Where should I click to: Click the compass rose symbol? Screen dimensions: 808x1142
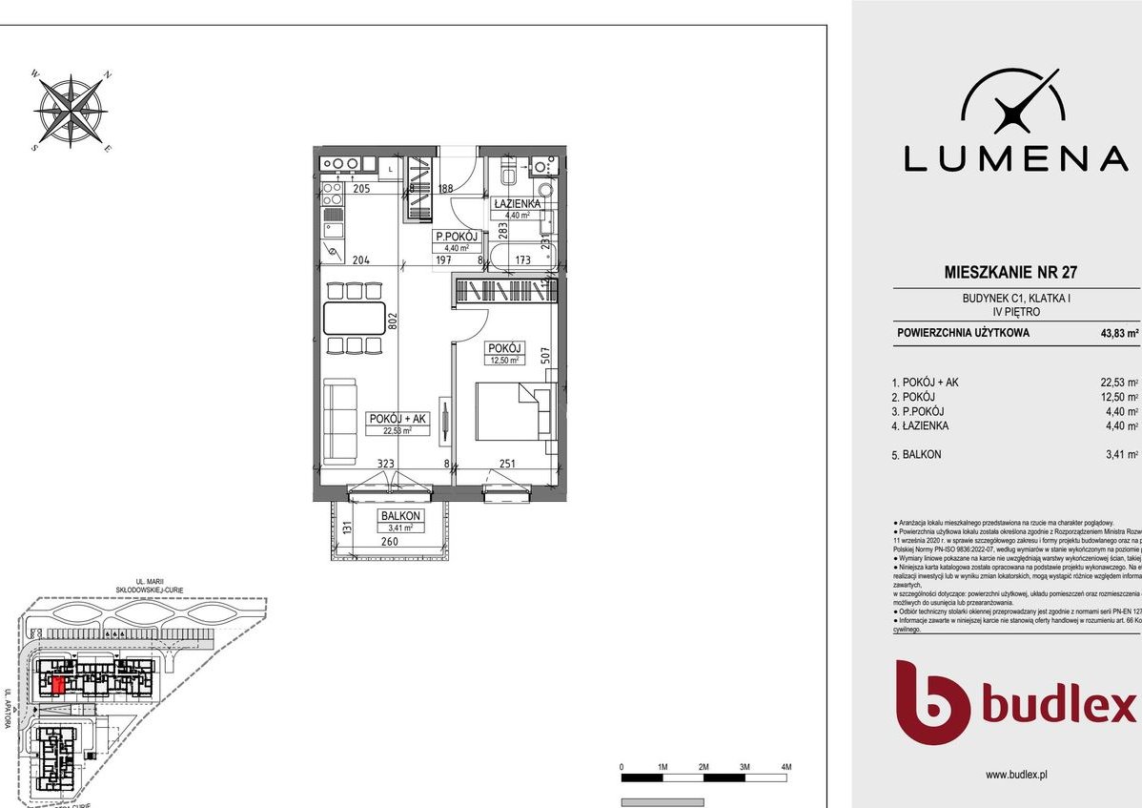point(72,111)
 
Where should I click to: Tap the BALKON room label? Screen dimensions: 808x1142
point(398,516)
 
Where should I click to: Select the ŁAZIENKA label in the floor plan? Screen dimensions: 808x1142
point(516,204)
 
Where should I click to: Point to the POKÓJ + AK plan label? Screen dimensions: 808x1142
point(398,419)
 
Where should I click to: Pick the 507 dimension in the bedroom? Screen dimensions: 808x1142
point(545,357)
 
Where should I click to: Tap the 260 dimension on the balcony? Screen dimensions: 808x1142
point(389,542)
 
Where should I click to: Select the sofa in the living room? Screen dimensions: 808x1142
point(339,418)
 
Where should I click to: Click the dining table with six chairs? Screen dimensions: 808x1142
point(353,319)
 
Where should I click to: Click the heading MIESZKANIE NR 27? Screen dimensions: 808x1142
point(996,272)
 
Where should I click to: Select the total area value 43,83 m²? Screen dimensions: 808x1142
point(1119,334)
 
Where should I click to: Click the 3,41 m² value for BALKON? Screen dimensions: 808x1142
point(1120,455)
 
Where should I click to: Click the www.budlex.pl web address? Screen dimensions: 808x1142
point(1016,776)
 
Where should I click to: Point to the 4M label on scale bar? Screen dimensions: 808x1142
point(785,768)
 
